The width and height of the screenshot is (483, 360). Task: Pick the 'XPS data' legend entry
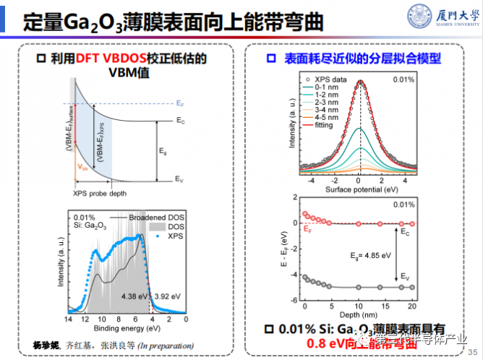coord(324,77)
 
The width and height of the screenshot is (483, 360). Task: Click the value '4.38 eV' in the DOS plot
coord(136,295)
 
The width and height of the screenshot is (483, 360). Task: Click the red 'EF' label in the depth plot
coord(307,230)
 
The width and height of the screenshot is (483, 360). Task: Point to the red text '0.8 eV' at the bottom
coord(322,343)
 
